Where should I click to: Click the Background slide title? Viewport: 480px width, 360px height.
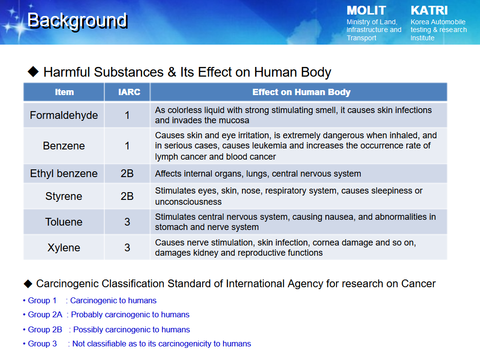77,21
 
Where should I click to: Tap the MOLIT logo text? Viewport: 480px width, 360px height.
366,10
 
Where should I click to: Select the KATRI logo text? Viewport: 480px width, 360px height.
429,10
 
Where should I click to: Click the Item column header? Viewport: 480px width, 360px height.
64,92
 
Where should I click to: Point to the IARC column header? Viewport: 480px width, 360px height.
129,92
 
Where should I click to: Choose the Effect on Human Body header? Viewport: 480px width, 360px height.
301,92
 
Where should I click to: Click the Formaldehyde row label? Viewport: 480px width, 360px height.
64,115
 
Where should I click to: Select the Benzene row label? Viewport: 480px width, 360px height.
64,146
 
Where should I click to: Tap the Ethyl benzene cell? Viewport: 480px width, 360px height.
64,173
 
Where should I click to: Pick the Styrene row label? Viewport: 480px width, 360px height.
64,196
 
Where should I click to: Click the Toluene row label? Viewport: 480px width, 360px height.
64,222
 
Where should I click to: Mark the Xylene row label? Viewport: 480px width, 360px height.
64,247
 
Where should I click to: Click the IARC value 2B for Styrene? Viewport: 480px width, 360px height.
127,196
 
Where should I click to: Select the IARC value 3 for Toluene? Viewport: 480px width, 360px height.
127,222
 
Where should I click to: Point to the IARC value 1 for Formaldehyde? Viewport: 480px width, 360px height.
127,115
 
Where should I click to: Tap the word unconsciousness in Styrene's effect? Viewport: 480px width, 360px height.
188,202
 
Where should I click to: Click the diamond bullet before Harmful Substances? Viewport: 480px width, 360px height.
33,72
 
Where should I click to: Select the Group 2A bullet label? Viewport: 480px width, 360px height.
45,315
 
